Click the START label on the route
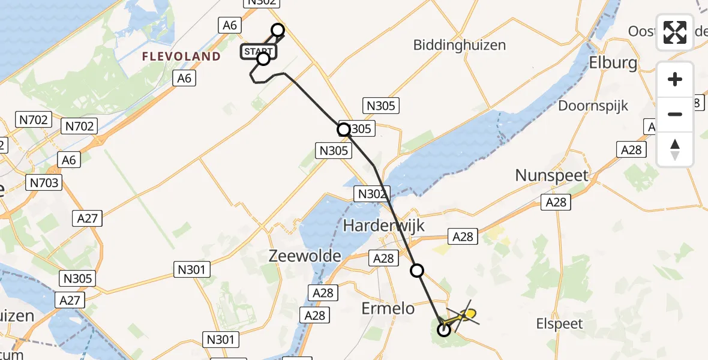[258, 52]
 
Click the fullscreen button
[675, 32]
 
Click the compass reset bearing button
[675, 149]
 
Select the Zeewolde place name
[305, 256]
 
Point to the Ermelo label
[388, 308]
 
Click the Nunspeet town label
[552, 176]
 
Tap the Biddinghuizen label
[460, 45]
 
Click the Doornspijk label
[593, 106]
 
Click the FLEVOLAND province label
[181, 56]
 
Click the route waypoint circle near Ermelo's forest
[444, 329]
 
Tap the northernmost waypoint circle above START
[278, 29]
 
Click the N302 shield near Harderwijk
[373, 194]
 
